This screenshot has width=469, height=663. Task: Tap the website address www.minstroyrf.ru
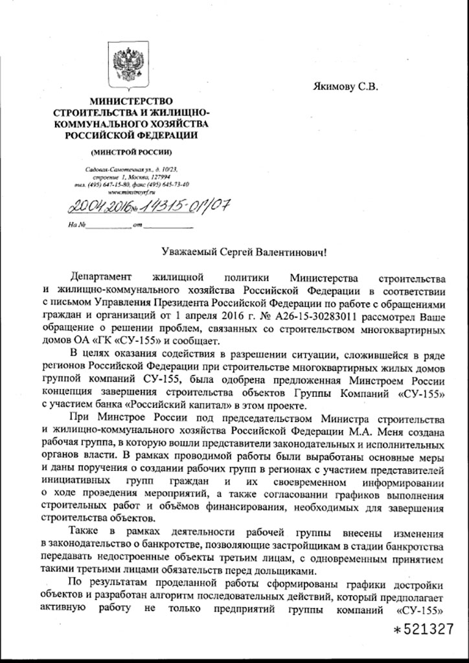[x=130, y=192]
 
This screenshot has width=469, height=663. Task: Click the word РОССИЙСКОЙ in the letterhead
[x=99, y=135]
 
